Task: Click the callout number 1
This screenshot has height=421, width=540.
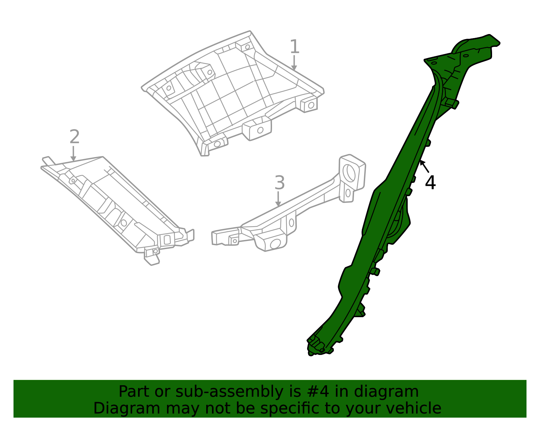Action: (295, 47)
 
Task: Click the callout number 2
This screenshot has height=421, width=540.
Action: (74, 137)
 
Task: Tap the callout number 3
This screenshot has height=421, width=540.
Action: (279, 182)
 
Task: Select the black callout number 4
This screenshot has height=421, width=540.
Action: (430, 183)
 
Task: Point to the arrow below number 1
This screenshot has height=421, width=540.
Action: (294, 62)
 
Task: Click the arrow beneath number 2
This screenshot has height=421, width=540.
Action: (73, 153)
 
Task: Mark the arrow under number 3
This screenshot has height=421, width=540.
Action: (278, 199)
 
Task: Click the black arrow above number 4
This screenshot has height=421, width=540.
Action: (425, 167)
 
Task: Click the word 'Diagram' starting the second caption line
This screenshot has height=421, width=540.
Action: (127, 409)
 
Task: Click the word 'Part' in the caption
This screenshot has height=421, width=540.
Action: (134, 392)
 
